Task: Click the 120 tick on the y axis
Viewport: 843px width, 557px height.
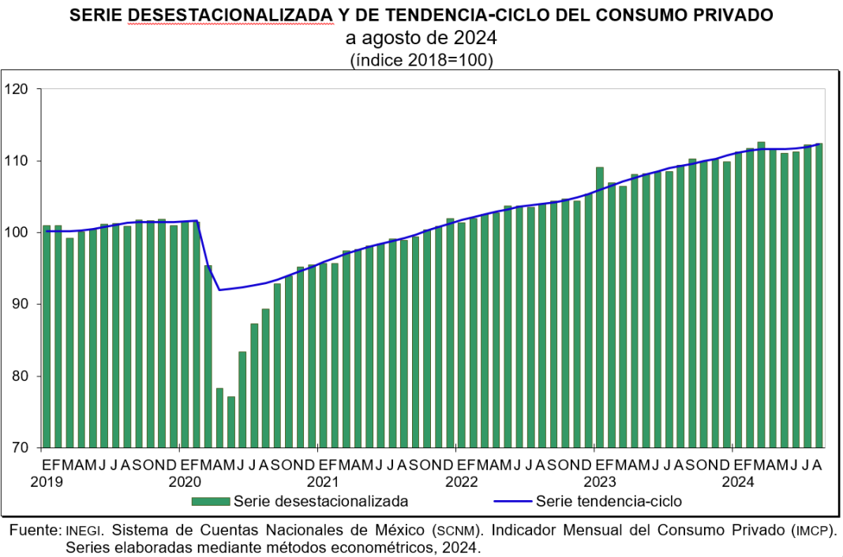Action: (17, 89)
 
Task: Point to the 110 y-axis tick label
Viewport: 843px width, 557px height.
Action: (17, 161)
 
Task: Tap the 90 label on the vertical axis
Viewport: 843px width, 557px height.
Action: (20, 305)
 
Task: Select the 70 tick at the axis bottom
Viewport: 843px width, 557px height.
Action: (20, 447)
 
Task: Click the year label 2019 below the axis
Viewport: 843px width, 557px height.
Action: (47, 480)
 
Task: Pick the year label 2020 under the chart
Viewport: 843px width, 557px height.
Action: (185, 480)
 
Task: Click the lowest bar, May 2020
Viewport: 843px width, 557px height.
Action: (231, 421)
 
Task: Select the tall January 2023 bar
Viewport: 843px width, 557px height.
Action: (600, 308)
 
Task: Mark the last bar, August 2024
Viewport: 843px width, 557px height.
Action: (819, 296)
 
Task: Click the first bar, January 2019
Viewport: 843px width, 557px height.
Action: (47, 336)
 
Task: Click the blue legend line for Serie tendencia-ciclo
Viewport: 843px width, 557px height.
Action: (512, 501)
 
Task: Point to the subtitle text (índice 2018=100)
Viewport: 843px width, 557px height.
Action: (421, 60)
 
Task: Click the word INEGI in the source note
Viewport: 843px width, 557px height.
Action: (83, 529)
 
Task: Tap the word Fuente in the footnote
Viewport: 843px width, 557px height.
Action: (33, 529)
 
